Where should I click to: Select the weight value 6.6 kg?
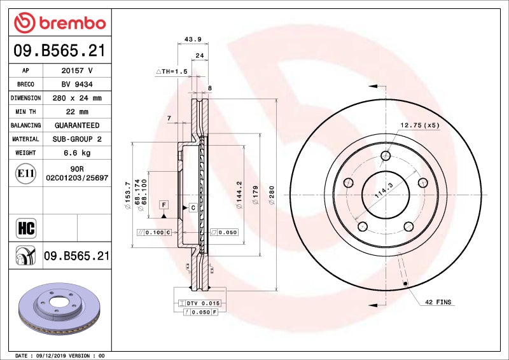coord(77,153)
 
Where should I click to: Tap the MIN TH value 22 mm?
coord(77,112)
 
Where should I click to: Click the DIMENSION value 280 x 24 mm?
coord(77,98)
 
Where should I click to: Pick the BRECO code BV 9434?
coord(77,84)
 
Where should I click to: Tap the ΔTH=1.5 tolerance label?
coord(172,72)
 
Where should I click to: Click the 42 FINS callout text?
coord(438,302)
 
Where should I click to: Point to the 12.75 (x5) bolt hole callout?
coord(420,125)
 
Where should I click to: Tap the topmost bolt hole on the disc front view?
coord(386,156)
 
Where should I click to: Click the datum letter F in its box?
coord(164,204)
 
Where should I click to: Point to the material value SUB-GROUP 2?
coord(77,139)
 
